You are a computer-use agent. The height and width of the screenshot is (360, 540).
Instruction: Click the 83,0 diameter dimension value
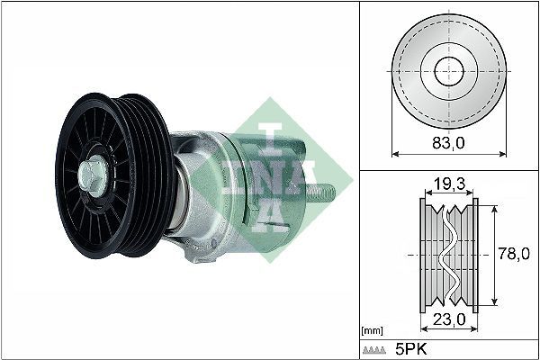click(447, 141)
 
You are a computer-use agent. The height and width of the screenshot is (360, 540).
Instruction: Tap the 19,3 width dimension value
click(447, 184)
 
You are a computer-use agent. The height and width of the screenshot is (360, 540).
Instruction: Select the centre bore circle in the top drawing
click(447, 71)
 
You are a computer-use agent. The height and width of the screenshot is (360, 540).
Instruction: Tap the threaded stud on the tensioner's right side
click(324, 191)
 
